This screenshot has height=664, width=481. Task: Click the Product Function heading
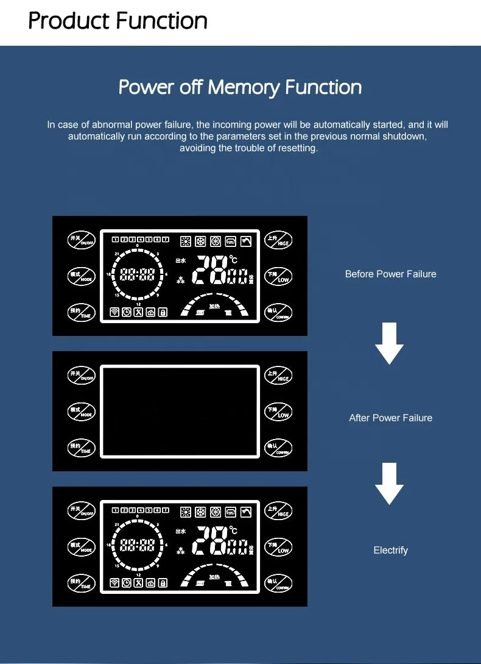118,21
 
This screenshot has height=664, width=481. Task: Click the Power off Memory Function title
240,87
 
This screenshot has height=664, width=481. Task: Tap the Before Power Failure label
390,274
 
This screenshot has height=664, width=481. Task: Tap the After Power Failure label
390,418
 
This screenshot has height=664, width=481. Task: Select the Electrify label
390,550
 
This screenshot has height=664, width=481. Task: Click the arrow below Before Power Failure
389,343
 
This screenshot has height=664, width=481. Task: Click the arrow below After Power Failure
389,483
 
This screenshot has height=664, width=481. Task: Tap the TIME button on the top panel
82,312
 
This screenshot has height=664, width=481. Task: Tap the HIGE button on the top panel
279,240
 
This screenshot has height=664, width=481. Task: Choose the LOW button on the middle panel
279,412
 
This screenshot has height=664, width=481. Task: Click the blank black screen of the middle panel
180,411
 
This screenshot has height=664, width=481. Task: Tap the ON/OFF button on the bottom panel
82,510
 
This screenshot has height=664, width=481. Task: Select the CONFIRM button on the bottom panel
279,584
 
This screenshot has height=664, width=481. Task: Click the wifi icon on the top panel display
114,312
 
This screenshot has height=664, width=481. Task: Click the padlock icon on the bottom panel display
163,583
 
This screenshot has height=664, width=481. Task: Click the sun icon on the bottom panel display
186,512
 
